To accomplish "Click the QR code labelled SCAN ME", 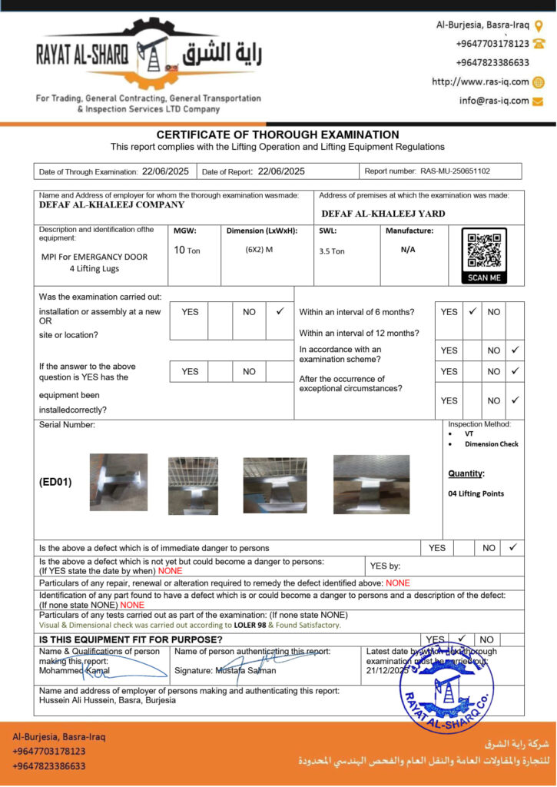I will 484,251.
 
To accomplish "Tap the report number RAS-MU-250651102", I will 455,171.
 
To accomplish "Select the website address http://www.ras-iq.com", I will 480,82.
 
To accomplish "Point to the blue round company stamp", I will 447,686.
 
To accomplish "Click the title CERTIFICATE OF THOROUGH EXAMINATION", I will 278,134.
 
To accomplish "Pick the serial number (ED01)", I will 55,483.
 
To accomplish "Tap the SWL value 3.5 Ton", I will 332,251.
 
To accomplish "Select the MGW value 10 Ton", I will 187,251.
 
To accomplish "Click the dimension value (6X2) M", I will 259,250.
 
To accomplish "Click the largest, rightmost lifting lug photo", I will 371,484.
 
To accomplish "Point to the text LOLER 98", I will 250,625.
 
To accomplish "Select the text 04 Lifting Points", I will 476,493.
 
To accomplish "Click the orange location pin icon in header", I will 539,25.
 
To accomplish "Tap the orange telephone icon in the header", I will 539,44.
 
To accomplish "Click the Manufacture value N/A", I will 408,250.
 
